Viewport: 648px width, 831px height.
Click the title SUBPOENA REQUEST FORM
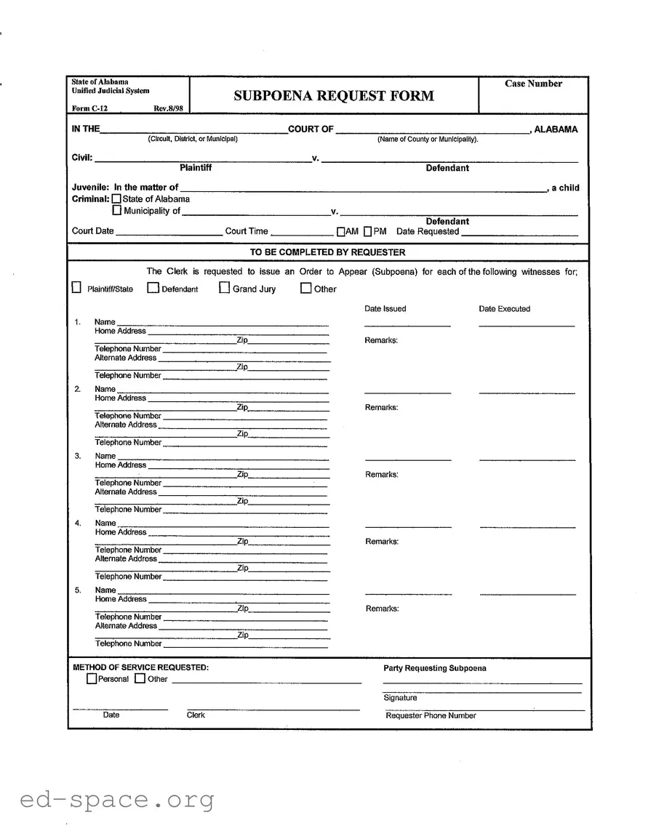point(334,96)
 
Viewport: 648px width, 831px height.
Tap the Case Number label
point(533,84)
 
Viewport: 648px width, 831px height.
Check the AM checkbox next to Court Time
point(340,232)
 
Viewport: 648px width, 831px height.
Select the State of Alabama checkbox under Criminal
point(117,199)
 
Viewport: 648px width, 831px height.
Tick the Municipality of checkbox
point(117,211)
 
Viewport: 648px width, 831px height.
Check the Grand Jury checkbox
point(225,288)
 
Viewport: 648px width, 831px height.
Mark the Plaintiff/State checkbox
point(76,288)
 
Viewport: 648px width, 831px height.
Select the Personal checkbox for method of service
point(91,679)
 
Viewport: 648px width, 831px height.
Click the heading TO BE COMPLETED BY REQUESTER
point(327,252)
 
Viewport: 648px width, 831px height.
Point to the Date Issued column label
point(385,309)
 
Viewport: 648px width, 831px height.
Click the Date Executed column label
point(504,309)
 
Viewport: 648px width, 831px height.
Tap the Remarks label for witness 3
point(381,475)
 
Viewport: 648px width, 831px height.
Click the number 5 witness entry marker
point(78,590)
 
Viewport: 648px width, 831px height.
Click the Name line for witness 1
point(223,324)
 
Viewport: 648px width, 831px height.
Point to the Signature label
point(400,698)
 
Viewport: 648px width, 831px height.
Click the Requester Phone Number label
point(431,716)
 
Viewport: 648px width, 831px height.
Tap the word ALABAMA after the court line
point(556,129)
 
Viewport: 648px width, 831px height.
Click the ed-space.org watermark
point(116,800)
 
